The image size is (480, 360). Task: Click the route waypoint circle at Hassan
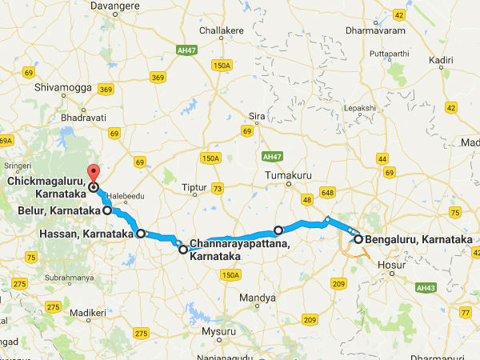point(141,234)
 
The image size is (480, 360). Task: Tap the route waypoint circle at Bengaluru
point(358,239)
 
